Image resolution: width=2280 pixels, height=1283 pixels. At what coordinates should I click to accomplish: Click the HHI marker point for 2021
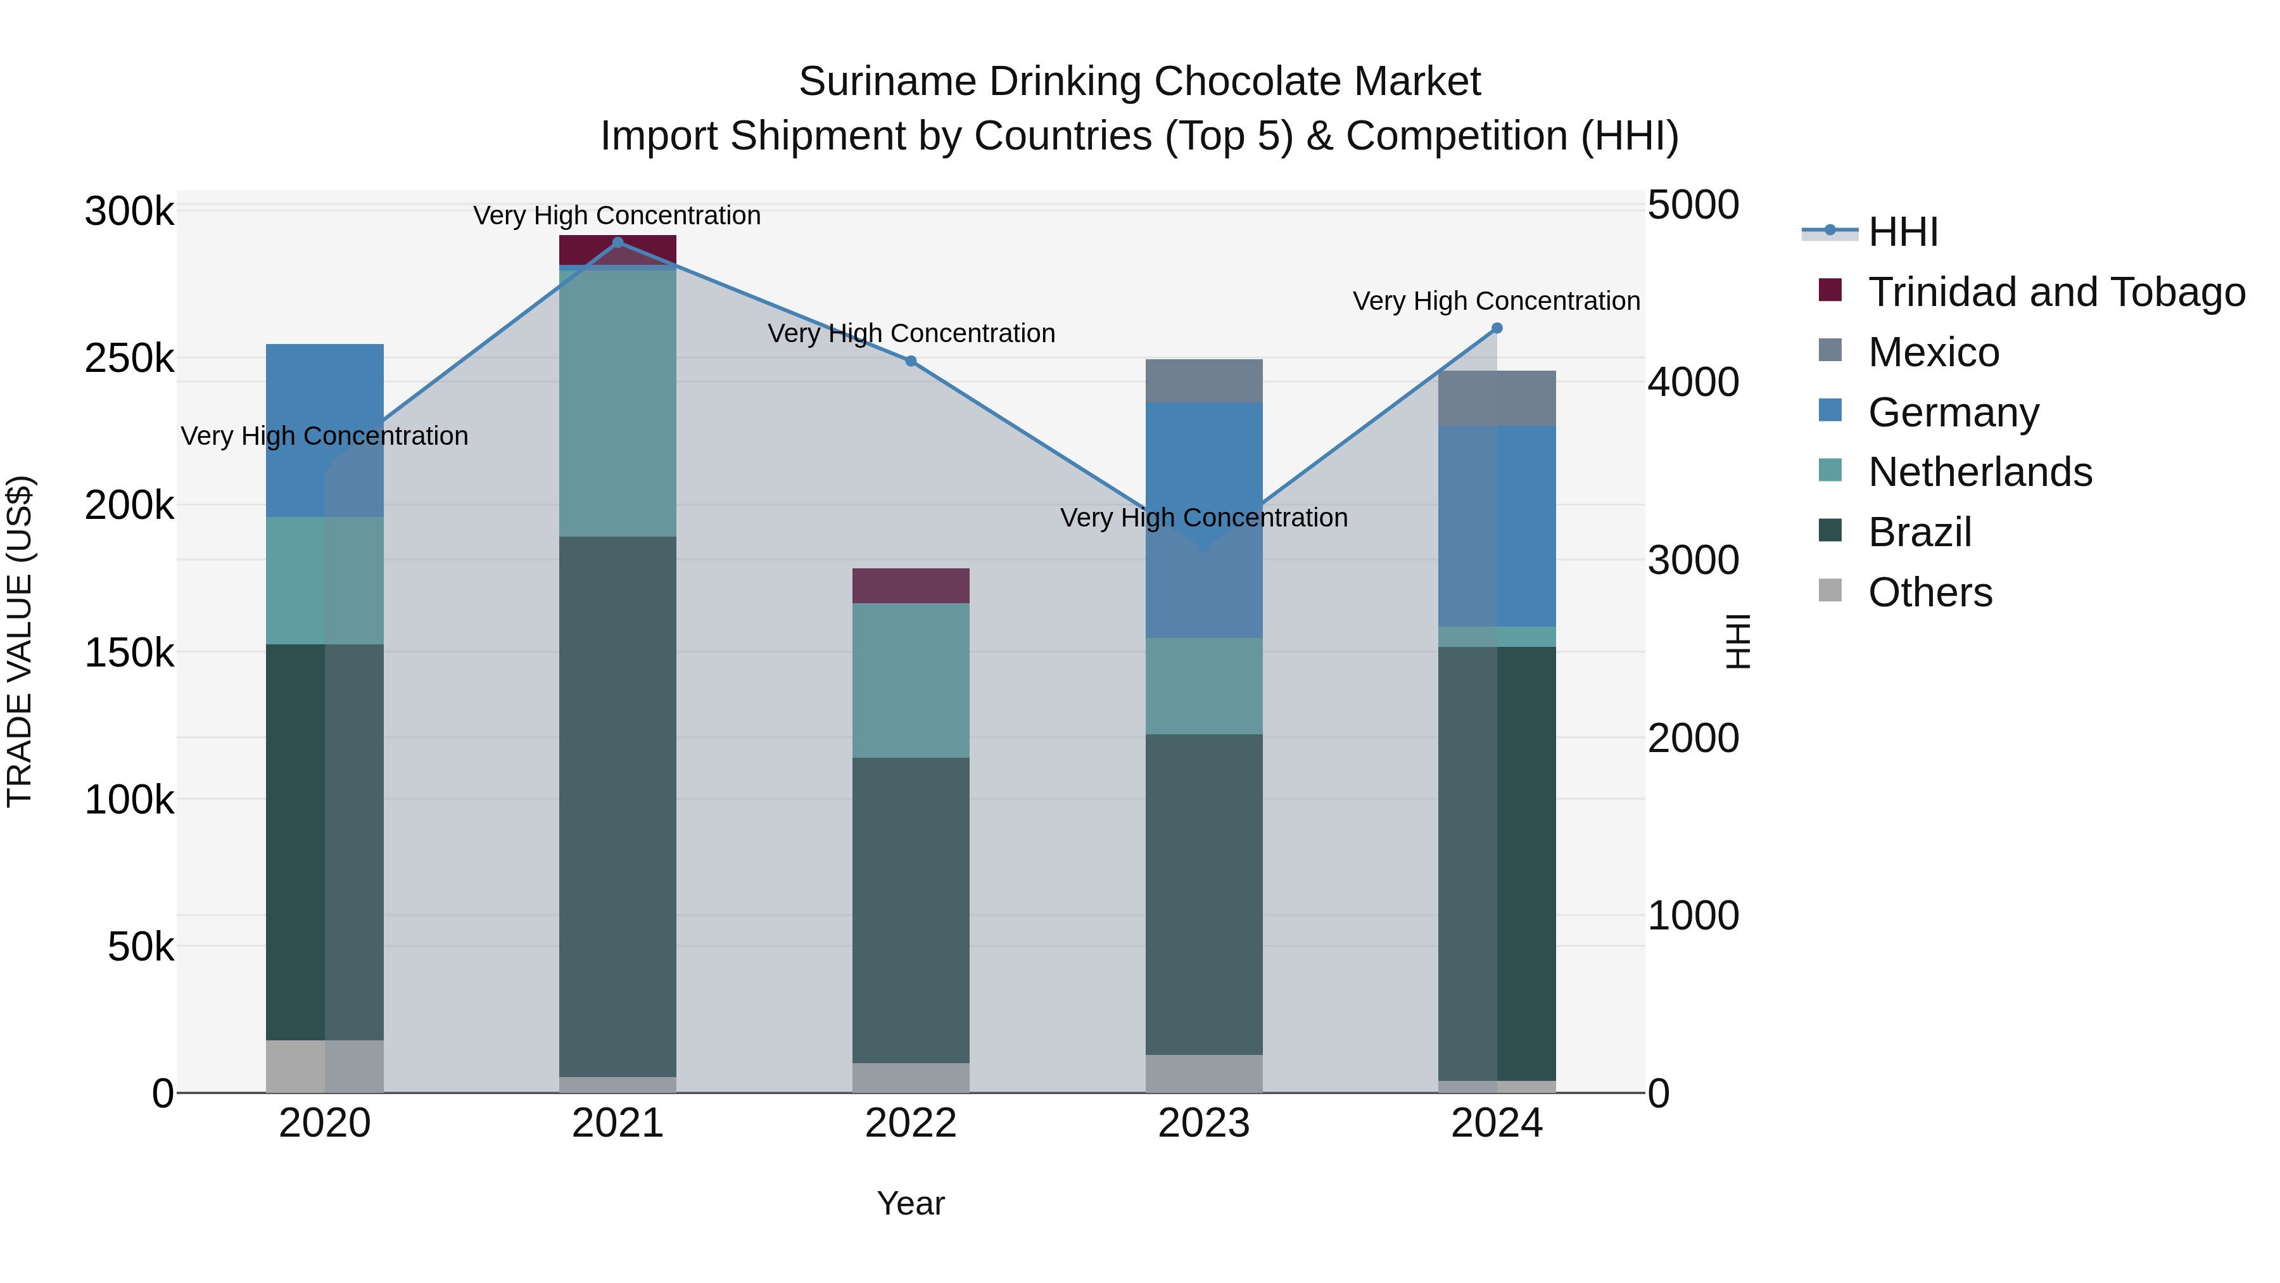[x=617, y=243]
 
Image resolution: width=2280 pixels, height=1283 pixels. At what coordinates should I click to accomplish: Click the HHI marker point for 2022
[x=911, y=361]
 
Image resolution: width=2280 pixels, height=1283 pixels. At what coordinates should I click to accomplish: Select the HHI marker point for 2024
[x=1497, y=328]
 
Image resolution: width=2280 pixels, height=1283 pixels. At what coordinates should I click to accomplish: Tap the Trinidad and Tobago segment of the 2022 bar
[x=911, y=586]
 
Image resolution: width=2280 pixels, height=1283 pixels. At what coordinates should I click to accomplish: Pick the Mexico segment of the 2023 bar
[x=1204, y=381]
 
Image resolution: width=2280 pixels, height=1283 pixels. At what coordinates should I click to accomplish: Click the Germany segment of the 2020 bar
[x=325, y=430]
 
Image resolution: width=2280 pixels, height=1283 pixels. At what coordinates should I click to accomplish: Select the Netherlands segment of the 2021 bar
[x=617, y=403]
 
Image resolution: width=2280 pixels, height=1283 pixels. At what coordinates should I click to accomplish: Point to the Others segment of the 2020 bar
[x=325, y=1066]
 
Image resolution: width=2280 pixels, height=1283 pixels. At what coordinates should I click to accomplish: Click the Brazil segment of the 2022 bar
[x=911, y=910]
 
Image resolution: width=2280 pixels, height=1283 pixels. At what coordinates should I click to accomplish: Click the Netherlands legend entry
[x=1979, y=472]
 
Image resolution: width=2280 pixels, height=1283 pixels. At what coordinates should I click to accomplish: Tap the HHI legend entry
[x=1903, y=232]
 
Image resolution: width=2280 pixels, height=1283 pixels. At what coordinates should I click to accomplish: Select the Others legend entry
[x=1930, y=592]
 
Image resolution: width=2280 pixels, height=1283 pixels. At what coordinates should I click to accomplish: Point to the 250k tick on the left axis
[x=129, y=359]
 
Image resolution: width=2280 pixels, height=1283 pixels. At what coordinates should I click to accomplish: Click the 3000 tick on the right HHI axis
[x=1692, y=561]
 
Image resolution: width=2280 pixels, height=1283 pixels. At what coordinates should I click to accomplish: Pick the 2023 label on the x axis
[x=1204, y=1123]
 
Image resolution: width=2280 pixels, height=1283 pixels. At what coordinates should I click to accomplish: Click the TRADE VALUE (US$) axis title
[x=20, y=641]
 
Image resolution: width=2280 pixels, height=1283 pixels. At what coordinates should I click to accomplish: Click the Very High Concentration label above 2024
[x=1496, y=301]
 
